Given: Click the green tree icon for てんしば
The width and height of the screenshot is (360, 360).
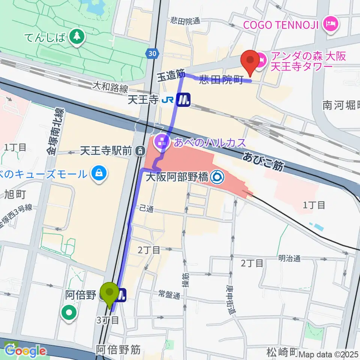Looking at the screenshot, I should coord(77,36).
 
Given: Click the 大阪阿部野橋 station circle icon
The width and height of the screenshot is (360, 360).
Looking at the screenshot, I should coord(216,177).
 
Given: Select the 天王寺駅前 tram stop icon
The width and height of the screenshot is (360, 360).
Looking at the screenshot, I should coord(140,151).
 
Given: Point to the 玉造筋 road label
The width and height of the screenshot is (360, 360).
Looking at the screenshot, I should coord(171,75).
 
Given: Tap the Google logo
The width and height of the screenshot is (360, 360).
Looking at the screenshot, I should coord(25,351).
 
